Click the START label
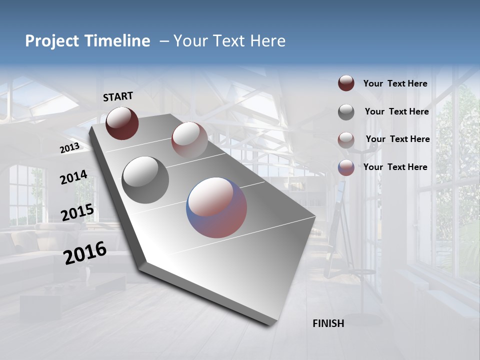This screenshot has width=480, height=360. [118, 96]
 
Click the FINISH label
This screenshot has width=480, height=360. [328, 323]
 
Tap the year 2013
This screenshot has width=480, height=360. [69, 148]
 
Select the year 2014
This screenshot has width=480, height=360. [73, 177]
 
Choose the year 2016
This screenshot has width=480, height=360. [85, 253]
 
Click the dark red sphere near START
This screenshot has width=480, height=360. [122, 123]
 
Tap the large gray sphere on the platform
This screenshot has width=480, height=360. [145, 180]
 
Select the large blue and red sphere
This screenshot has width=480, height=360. [216, 207]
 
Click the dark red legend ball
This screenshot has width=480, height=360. [346, 83]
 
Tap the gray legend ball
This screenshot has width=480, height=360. [346, 112]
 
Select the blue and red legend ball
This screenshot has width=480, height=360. [346, 167]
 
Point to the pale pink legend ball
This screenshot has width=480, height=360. [346, 140]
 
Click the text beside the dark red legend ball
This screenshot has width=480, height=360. [395, 83]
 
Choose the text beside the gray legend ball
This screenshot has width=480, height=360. [396, 111]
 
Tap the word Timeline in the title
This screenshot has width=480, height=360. [117, 41]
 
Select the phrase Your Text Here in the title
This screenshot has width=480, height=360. [229, 41]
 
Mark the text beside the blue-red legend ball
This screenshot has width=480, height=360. [395, 167]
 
